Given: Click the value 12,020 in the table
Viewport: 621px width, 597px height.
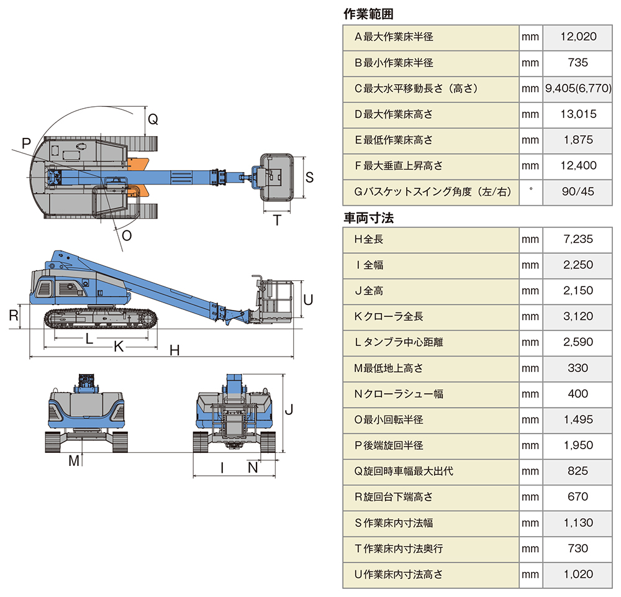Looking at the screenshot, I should tap(578, 37).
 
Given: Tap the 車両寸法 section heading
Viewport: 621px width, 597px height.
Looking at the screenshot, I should tap(368, 218).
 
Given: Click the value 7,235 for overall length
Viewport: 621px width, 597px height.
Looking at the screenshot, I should tap(578, 239).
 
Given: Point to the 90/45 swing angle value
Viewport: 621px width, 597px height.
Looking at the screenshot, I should tap(578, 192).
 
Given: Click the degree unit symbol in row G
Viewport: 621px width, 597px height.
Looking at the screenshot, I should tap(530, 191).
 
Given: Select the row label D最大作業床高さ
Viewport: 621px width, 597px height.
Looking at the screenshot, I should tap(393, 114).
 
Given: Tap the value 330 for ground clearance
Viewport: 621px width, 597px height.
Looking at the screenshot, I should tap(578, 368).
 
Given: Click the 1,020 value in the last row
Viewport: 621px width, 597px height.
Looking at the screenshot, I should tap(578, 575).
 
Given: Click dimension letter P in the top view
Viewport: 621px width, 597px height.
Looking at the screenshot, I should tap(25, 144).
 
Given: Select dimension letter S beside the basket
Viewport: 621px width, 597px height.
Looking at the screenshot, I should tap(309, 177).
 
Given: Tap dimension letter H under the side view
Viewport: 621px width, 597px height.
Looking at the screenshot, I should tap(175, 351).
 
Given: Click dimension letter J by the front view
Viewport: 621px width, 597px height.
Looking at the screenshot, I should tap(289, 410).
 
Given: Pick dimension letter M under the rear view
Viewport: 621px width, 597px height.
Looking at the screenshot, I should tap(75, 460).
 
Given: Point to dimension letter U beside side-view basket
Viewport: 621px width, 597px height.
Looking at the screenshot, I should tap(307, 299).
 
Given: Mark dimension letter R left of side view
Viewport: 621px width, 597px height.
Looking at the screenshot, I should tap(13, 315).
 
